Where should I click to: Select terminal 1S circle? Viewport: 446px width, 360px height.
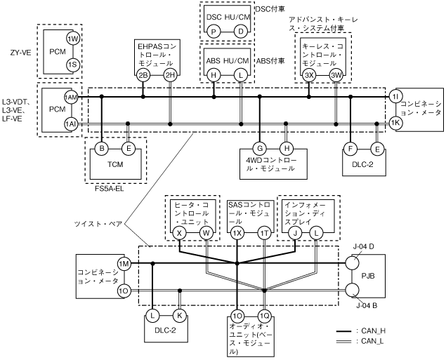click(72, 65)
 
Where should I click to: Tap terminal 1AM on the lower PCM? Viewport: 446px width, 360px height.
click(71, 97)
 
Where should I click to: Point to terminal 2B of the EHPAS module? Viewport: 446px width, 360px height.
click(143, 75)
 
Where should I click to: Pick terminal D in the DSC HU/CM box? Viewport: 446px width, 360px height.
click(240, 32)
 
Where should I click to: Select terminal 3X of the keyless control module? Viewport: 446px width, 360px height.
click(308, 74)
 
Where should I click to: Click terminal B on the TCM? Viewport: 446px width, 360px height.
click(102, 149)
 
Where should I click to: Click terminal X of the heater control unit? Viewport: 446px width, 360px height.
click(180, 232)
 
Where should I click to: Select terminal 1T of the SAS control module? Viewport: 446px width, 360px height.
click(264, 232)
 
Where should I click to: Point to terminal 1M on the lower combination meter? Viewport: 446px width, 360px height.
click(124, 263)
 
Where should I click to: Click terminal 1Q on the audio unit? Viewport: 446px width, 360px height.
click(264, 316)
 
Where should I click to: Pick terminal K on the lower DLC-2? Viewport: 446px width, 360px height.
click(180, 316)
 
